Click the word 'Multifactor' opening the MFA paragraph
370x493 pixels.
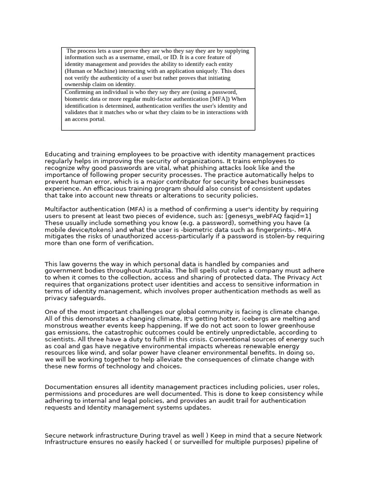(x=63, y=209)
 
